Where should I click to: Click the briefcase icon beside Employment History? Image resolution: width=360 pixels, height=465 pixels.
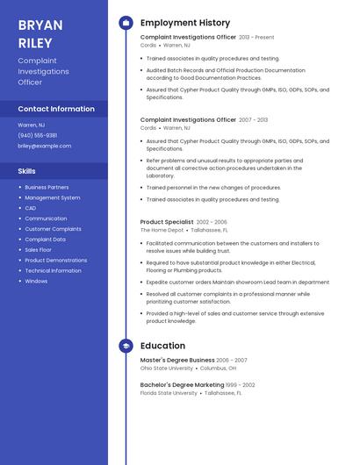pyautogui.click(x=126, y=23)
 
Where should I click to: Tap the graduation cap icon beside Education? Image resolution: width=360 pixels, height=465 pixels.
pyautogui.click(x=126, y=346)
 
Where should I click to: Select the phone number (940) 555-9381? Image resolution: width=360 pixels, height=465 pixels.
pyautogui.click(x=38, y=135)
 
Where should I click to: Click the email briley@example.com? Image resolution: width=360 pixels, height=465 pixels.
pyautogui.click(x=45, y=146)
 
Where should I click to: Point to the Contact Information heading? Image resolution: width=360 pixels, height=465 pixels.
pyautogui.click(x=56, y=110)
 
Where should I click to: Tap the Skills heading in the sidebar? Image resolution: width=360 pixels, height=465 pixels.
pyautogui.click(x=27, y=171)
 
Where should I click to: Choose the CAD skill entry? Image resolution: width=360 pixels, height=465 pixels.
pyautogui.click(x=31, y=208)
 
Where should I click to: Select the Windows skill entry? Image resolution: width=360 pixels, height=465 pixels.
pyautogui.click(x=36, y=282)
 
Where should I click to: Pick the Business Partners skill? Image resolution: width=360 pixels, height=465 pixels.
pyautogui.click(x=47, y=187)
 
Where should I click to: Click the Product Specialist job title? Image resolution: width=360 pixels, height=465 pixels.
pyautogui.click(x=167, y=222)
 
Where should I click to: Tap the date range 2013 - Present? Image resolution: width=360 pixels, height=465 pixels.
pyautogui.click(x=256, y=38)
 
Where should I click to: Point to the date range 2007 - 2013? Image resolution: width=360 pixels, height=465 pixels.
pyautogui.click(x=253, y=119)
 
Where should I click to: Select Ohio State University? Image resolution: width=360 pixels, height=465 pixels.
pyautogui.click(x=166, y=368)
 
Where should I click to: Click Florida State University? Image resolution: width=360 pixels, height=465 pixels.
pyautogui.click(x=169, y=393)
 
